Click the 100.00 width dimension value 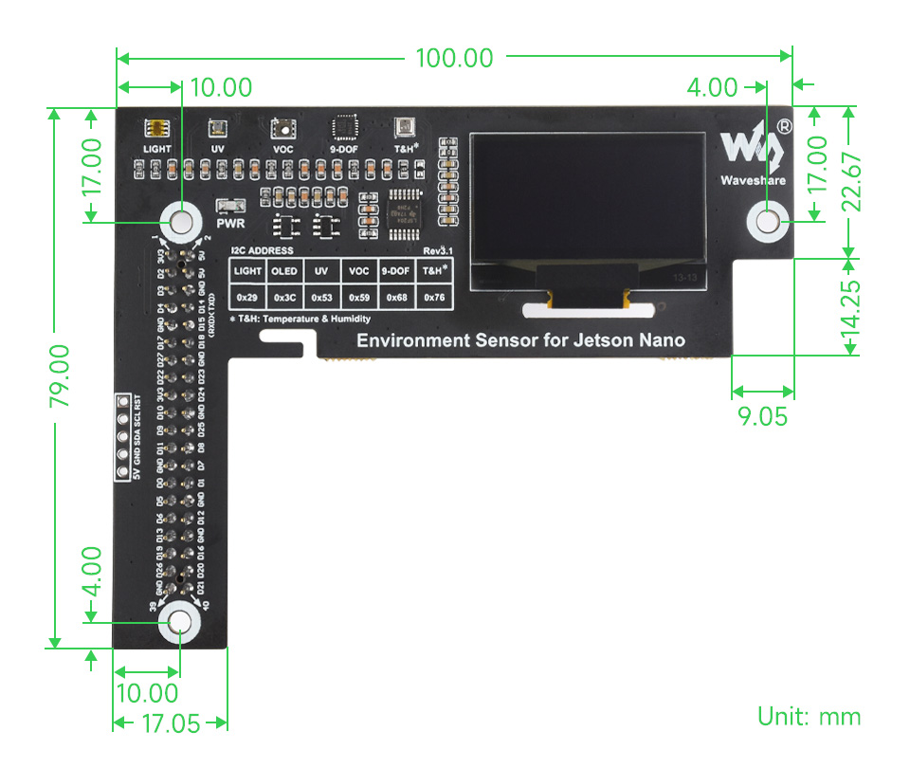[455, 59]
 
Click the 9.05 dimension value [761, 416]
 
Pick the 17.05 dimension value [171, 724]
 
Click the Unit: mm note [809, 716]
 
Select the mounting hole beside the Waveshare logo [768, 221]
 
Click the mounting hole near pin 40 [178, 622]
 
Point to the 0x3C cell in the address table [283, 298]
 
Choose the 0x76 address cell [434, 298]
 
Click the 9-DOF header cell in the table [396, 271]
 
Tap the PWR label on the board [231, 225]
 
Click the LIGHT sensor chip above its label [157, 129]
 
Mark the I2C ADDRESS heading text [262, 251]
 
